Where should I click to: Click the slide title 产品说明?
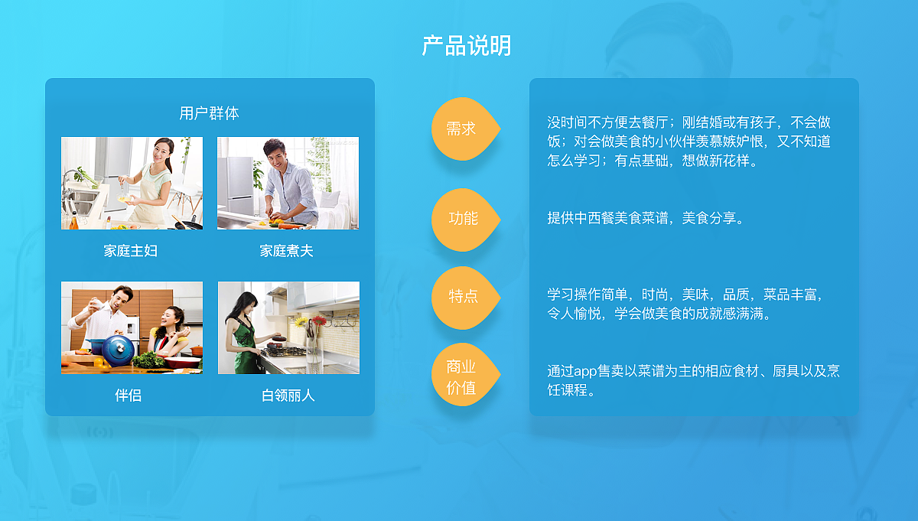pyautogui.click(x=467, y=46)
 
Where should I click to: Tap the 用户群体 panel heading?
pyautogui.click(x=209, y=113)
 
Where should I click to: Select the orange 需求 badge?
pyautogui.click(x=461, y=129)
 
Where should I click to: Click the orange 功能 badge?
pyautogui.click(x=463, y=219)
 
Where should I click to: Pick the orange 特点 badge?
pyautogui.click(x=463, y=296)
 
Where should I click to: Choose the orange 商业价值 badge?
pyautogui.click(x=461, y=377)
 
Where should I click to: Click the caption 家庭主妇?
pyautogui.click(x=131, y=251)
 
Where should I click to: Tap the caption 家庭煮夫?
pyautogui.click(x=287, y=251)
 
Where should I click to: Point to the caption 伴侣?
pyautogui.click(x=129, y=396)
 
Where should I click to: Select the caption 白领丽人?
pyautogui.click(x=288, y=396)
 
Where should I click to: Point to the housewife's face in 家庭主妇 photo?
pyautogui.click(x=164, y=151)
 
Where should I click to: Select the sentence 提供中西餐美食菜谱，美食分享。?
pyautogui.click(x=646, y=218)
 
